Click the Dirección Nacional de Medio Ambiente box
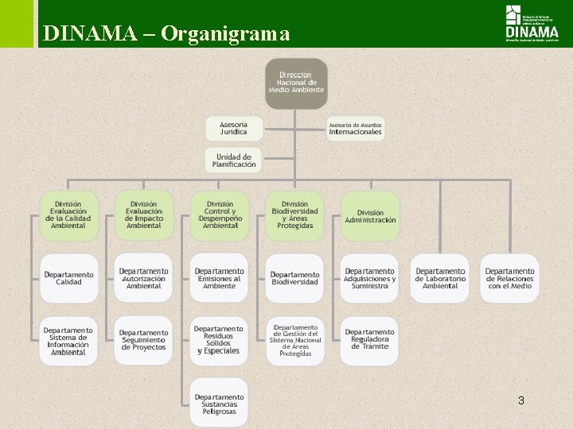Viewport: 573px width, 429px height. [297, 83]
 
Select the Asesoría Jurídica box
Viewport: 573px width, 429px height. [234, 128]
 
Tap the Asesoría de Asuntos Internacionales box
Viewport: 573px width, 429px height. [356, 128]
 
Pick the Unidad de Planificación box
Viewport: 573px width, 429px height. [234, 160]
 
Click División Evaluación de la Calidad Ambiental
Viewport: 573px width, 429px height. [68, 215]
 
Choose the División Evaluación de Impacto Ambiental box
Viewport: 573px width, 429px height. [144, 215]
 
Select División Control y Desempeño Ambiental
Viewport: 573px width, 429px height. [220, 215]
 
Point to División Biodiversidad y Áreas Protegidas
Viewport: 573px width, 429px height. [295, 215]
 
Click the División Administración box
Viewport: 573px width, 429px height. [370, 215]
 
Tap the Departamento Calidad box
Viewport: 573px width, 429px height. [68, 278]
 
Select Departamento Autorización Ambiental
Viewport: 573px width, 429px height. [144, 278]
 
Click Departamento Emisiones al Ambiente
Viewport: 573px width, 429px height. [220, 278]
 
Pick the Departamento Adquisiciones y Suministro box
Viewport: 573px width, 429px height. [370, 278]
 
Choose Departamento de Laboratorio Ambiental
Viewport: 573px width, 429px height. [440, 278]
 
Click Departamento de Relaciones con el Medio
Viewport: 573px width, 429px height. [510, 278]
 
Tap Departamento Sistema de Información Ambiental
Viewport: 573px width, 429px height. [68, 341]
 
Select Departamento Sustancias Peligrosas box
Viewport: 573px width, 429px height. [220, 404]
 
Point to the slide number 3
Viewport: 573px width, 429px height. [520, 400]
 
